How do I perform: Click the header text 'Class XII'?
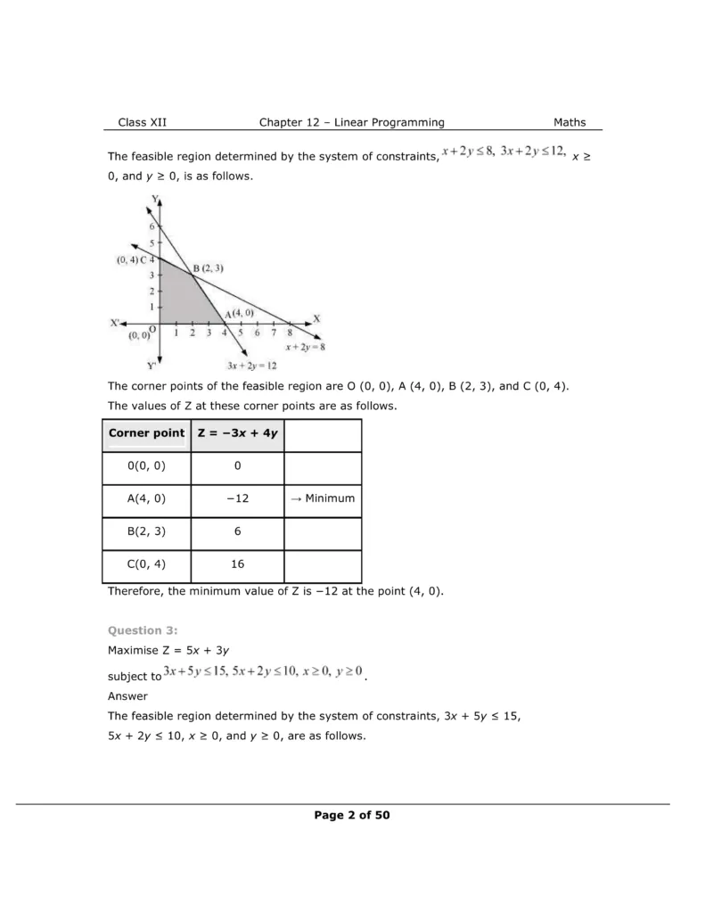click(142, 123)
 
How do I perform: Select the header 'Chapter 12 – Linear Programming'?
click(351, 123)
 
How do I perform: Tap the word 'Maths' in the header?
click(570, 123)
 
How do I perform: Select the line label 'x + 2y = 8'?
click(305, 347)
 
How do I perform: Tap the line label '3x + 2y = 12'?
click(252, 366)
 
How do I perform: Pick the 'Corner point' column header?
click(146, 433)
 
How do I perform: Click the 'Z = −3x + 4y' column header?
click(236, 433)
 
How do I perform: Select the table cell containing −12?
click(236, 498)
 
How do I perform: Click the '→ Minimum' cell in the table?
click(323, 498)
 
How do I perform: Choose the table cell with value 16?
click(236, 564)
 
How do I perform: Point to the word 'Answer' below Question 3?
click(127, 695)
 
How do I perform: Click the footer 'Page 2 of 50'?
click(351, 815)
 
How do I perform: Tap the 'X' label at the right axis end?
click(316, 319)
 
